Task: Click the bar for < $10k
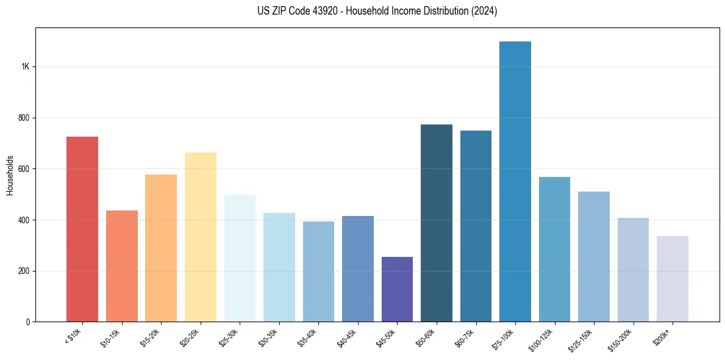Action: click(x=82, y=229)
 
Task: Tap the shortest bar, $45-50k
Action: click(x=397, y=289)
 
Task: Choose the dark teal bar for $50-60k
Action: click(x=437, y=223)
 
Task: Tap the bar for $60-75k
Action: click(x=476, y=226)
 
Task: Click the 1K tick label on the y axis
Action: click(x=26, y=67)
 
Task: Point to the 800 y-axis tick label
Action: click(x=24, y=118)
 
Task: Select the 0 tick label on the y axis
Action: click(x=28, y=322)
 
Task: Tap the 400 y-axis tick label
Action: click(x=24, y=220)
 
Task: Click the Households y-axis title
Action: click(x=10, y=175)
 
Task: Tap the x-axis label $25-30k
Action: click(x=228, y=337)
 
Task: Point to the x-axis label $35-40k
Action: click(x=307, y=337)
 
